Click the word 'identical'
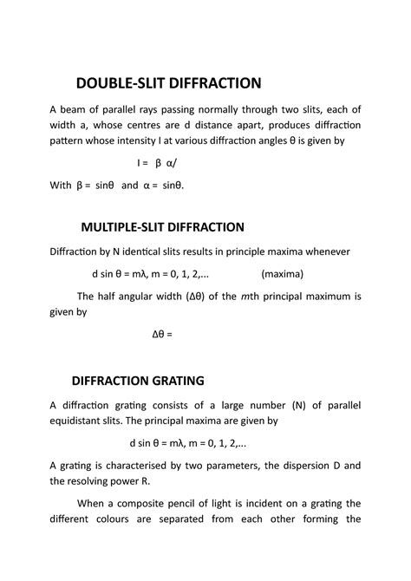pyautogui.click(x=143, y=252)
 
